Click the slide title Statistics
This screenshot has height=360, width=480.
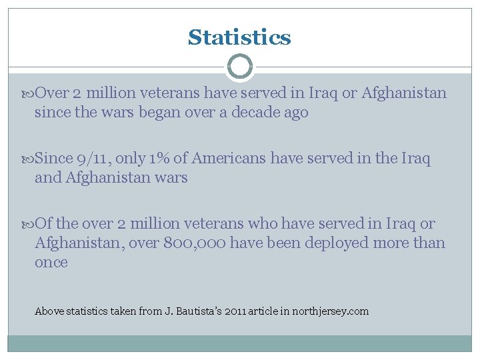(x=239, y=37)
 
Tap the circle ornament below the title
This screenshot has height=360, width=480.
(x=239, y=67)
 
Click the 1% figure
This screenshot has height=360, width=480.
(x=159, y=159)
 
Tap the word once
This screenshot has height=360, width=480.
(x=51, y=263)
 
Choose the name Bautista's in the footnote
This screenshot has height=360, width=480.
(x=201, y=311)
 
